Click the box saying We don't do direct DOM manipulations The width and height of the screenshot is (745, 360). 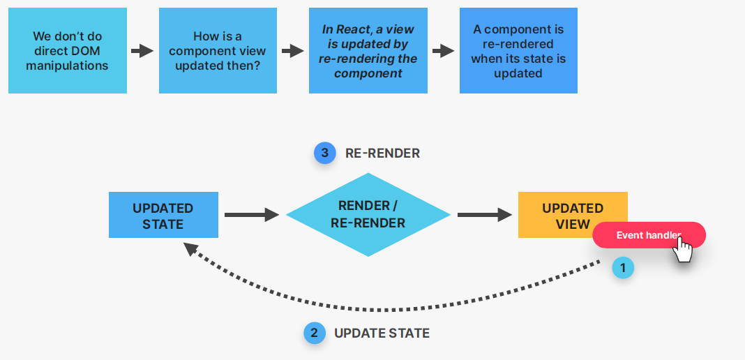point(68,50)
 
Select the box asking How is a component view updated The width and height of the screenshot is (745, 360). point(218,50)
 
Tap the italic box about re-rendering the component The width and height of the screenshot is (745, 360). point(368,50)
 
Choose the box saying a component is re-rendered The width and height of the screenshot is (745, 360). point(518,50)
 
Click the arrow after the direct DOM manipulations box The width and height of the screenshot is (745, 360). point(142,50)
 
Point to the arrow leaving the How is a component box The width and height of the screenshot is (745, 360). point(293,50)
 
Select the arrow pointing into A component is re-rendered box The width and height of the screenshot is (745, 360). point(443,50)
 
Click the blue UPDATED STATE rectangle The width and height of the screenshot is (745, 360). point(163,216)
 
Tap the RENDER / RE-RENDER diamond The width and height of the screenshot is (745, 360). point(368,214)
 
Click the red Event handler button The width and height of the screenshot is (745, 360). point(642,235)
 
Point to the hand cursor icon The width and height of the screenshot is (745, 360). point(683,249)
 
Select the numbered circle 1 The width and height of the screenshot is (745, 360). point(623,267)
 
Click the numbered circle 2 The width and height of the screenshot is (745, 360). point(314,333)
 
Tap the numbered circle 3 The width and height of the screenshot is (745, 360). point(324,153)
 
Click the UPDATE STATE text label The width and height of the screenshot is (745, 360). point(382,333)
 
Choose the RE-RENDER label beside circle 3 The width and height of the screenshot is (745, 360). point(382,153)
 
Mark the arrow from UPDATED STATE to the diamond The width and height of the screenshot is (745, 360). point(251,215)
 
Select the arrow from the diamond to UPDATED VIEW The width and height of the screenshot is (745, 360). point(484,215)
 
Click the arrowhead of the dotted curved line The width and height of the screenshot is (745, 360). point(190,248)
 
